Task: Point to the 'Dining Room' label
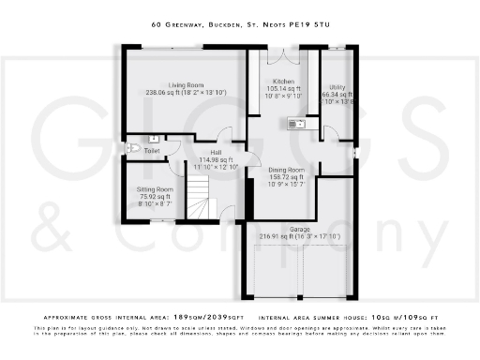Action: pyautogui.click(x=287, y=170)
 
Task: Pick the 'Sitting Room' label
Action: pyautogui.click(x=148, y=189)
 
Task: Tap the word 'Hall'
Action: pyautogui.click(x=215, y=153)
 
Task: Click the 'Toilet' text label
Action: pyautogui.click(x=153, y=150)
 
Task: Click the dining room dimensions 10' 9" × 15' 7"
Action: pyautogui.click(x=286, y=186)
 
